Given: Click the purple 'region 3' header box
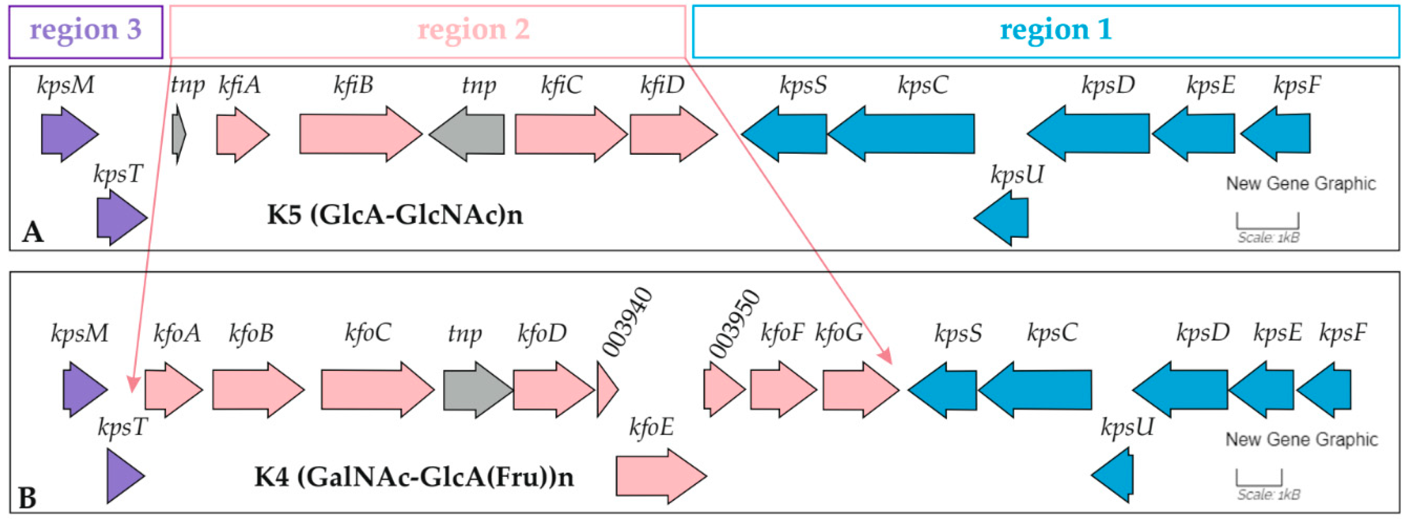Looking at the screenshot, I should click(x=86, y=32).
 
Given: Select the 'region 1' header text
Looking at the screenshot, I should click(x=1055, y=29).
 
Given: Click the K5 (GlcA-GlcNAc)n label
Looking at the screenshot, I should click(x=395, y=215).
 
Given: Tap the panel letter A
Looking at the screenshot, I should click(x=32, y=233).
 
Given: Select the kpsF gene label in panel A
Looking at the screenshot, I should click(x=1297, y=86).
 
